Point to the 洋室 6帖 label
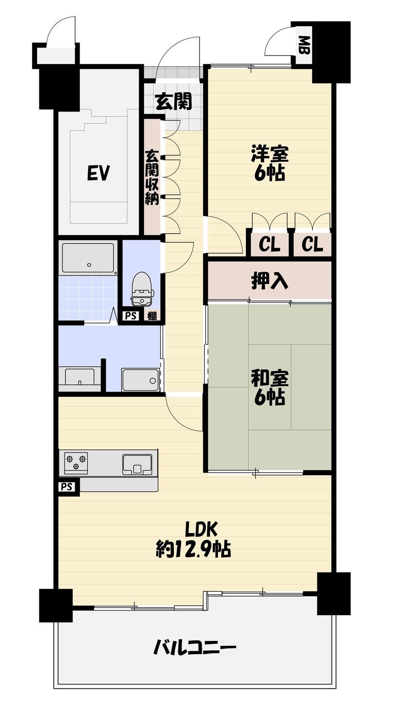(270, 163)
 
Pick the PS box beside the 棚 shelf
(131, 316)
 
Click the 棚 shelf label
(152, 316)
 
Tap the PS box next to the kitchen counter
(67, 487)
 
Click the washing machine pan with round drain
(141, 380)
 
